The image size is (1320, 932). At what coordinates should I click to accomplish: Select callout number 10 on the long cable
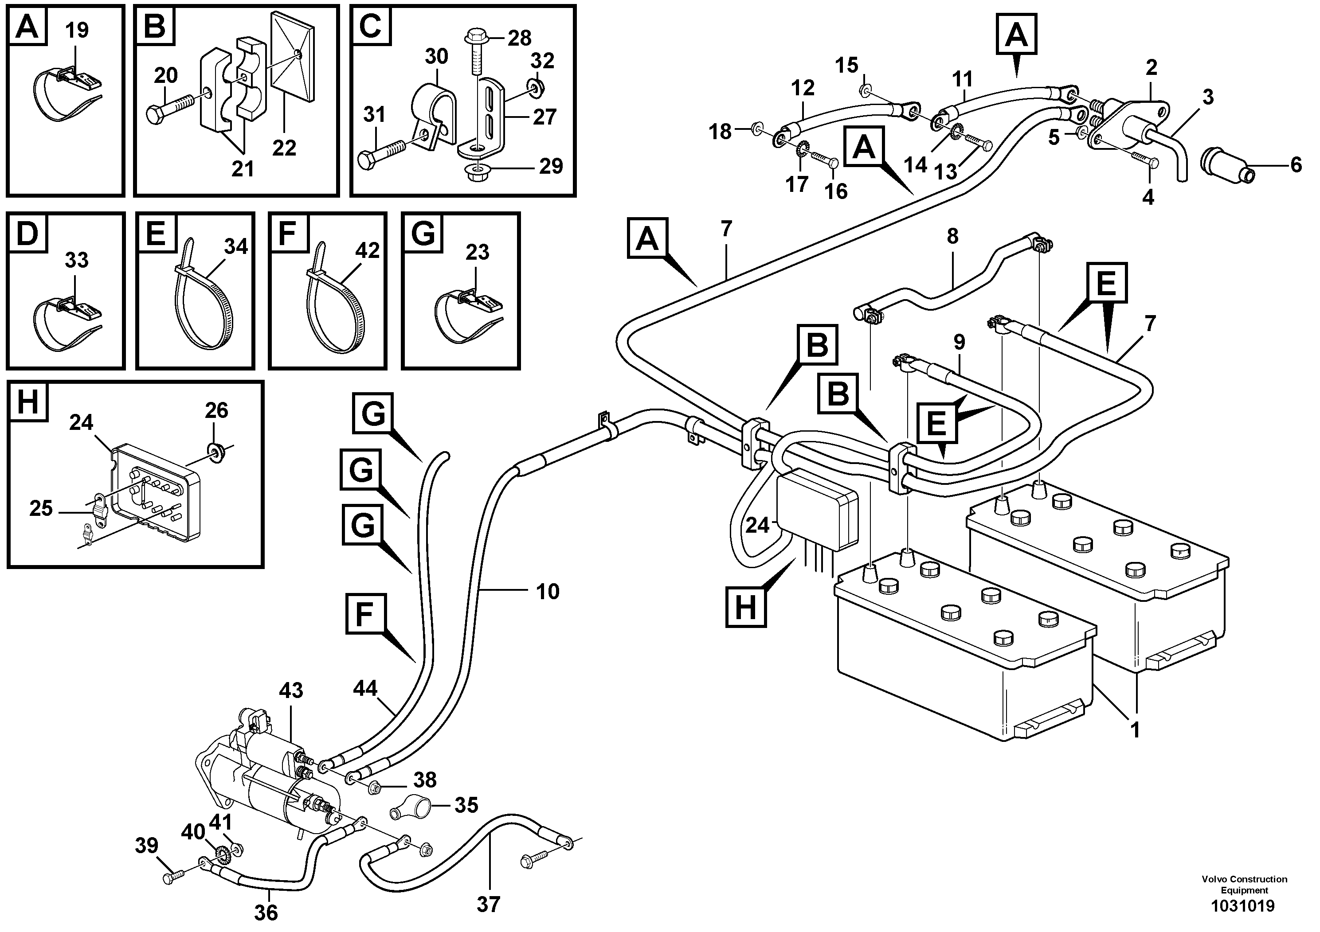[x=547, y=591]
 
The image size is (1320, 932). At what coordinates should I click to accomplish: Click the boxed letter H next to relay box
[x=746, y=606]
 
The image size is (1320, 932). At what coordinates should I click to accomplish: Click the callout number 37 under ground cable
[x=488, y=905]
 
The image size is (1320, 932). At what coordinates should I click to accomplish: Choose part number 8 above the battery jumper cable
[x=952, y=236]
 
